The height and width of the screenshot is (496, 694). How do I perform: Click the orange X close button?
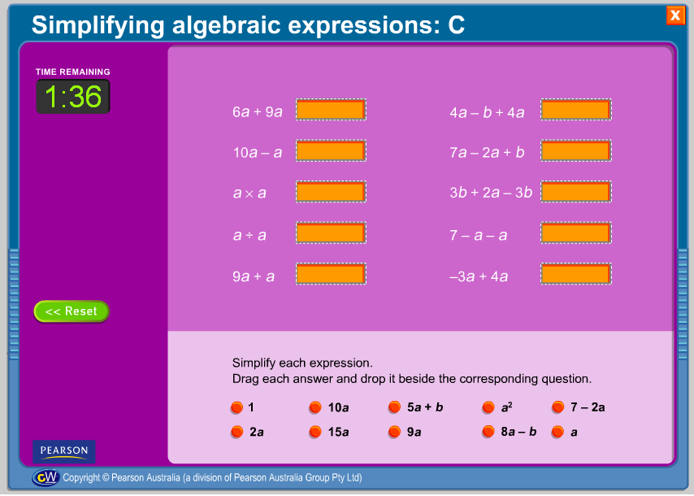(x=675, y=15)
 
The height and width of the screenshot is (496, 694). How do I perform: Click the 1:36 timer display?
(x=73, y=97)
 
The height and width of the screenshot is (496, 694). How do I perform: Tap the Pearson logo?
(x=64, y=452)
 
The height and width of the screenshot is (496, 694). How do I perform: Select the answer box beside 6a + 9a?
(x=331, y=110)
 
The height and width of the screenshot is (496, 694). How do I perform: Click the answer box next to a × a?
(x=331, y=192)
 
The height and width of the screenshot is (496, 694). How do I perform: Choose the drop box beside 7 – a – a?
(x=576, y=233)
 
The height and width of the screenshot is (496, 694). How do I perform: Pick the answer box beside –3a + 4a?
(x=576, y=274)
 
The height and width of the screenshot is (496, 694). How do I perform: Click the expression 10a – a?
(x=258, y=153)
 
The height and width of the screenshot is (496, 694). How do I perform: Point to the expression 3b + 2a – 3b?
(x=491, y=193)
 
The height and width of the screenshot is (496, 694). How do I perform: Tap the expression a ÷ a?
(x=249, y=235)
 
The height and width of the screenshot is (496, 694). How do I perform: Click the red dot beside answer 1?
(x=237, y=407)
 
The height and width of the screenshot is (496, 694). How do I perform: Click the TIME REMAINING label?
(x=73, y=72)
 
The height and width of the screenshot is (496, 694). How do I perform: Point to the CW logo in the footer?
(x=46, y=477)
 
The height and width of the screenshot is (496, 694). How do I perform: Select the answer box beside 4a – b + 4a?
(x=576, y=110)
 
